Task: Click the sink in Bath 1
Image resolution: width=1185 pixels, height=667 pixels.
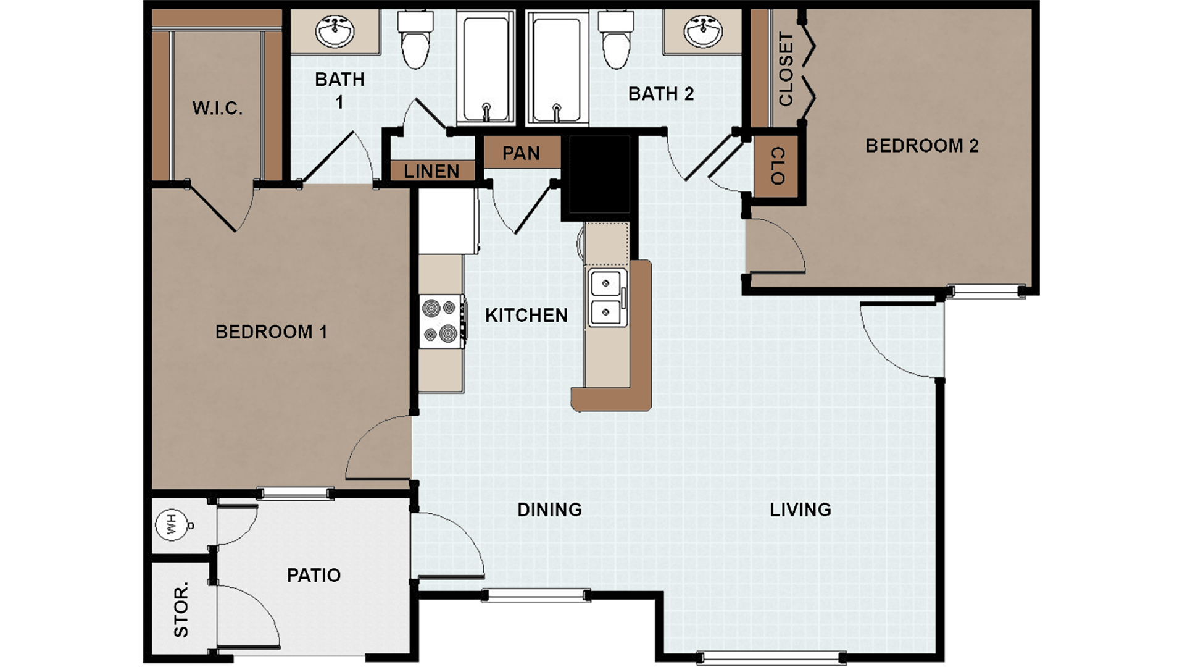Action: (x=335, y=31)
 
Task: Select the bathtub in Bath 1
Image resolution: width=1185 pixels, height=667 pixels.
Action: (x=486, y=68)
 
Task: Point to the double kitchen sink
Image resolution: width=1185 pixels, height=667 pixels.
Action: (x=607, y=298)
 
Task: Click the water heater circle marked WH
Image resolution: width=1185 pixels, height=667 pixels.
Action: (x=172, y=525)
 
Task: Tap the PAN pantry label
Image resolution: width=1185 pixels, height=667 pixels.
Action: (x=521, y=153)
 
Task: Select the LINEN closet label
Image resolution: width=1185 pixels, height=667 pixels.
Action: (x=431, y=172)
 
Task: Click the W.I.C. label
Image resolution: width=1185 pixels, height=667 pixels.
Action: (x=217, y=109)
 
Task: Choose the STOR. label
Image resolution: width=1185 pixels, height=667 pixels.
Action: (x=181, y=610)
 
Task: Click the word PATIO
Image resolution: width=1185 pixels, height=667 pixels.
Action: (x=314, y=576)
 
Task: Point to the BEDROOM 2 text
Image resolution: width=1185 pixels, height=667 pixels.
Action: (x=921, y=146)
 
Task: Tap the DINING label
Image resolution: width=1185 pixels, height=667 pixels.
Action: (x=549, y=510)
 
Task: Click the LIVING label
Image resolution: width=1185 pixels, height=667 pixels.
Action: (x=800, y=510)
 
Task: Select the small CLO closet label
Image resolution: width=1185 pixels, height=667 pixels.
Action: (x=778, y=166)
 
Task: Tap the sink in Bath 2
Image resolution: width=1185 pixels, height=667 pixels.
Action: (x=703, y=31)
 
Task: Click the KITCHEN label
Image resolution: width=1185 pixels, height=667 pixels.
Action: (x=526, y=316)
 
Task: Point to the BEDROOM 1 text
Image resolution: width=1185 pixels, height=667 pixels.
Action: (x=271, y=332)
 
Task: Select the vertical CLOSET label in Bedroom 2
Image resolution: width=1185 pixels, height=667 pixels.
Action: (x=785, y=69)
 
